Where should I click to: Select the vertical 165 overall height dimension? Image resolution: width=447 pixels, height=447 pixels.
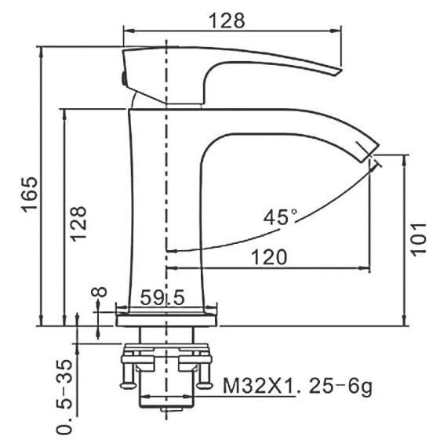click(x=28, y=194)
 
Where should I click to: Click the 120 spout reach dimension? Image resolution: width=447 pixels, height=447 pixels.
click(x=269, y=256)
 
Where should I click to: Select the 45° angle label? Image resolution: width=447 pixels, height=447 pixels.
click(x=280, y=217)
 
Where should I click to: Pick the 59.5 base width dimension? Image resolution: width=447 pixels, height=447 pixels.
click(x=162, y=297)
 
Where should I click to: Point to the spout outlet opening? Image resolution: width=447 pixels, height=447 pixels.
click(x=370, y=153)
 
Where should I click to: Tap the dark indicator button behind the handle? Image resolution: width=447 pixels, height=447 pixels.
click(x=123, y=77)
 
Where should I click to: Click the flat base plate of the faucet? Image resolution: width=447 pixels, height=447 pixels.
click(x=168, y=319)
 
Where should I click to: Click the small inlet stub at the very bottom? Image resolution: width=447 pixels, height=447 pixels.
click(x=166, y=410)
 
